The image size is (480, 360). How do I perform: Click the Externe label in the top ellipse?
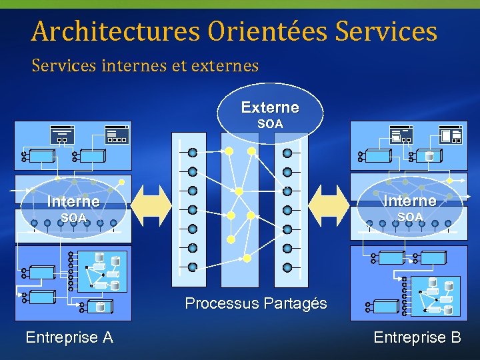pos(270,107)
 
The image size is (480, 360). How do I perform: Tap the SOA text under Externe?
pos(270,124)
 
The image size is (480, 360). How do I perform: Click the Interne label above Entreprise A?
pos(73,201)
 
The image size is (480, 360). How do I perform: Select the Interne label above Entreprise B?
pos(409,201)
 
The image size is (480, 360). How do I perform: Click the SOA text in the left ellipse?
pos(73,218)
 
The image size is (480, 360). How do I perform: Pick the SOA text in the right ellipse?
pos(410,217)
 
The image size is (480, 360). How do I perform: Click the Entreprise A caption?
pos(69,337)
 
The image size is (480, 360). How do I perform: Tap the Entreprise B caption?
pos(417,337)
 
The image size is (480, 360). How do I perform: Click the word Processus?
pos(222,304)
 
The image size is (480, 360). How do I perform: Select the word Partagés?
pos(295,304)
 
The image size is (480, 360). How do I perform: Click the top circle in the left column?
pos(193,152)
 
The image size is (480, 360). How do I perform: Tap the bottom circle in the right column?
pos(287,267)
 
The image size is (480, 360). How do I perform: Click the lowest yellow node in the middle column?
pos(247,258)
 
